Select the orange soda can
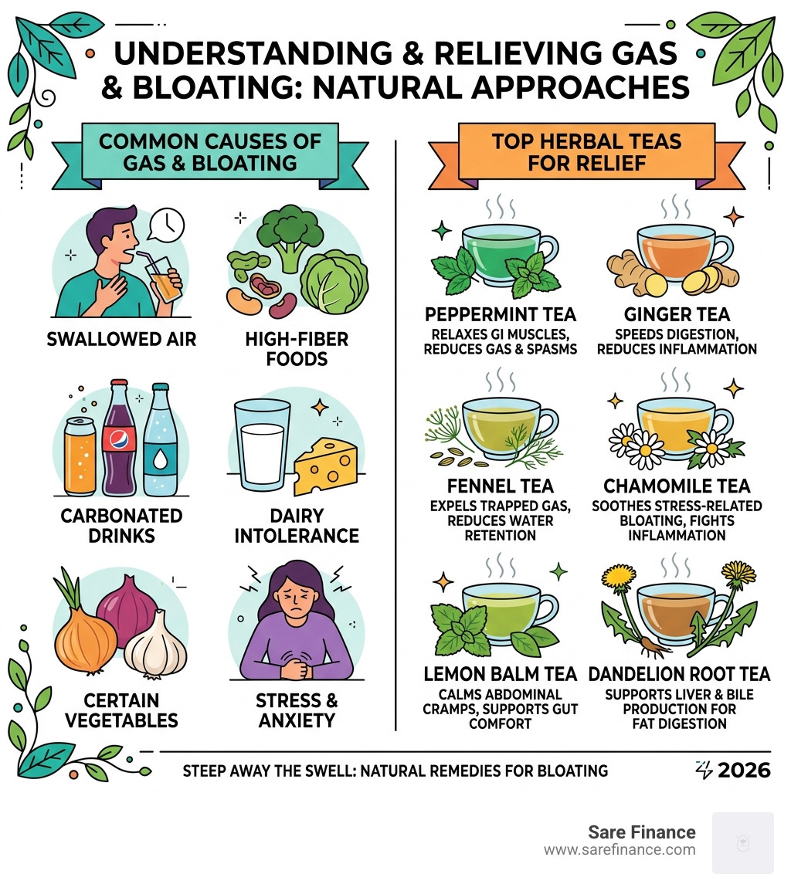point(80,456)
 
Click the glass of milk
point(263,448)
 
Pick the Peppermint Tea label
point(501,315)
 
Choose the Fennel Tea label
point(501,486)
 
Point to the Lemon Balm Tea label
point(501,674)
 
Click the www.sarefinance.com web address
point(620,850)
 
